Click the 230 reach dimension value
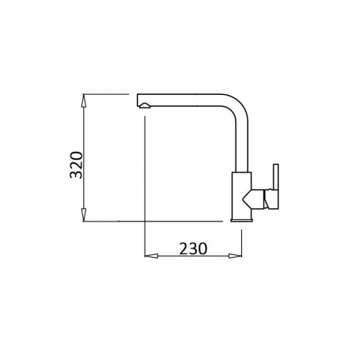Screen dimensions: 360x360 pyautogui.click(x=192, y=248)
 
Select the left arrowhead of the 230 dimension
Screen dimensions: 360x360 pyautogui.click(x=149, y=256)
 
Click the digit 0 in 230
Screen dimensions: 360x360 pyautogui.click(x=205, y=248)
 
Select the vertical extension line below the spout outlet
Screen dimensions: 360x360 pyautogui.click(x=144, y=182)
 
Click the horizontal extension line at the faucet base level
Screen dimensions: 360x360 pyautogui.click(x=158, y=222)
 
